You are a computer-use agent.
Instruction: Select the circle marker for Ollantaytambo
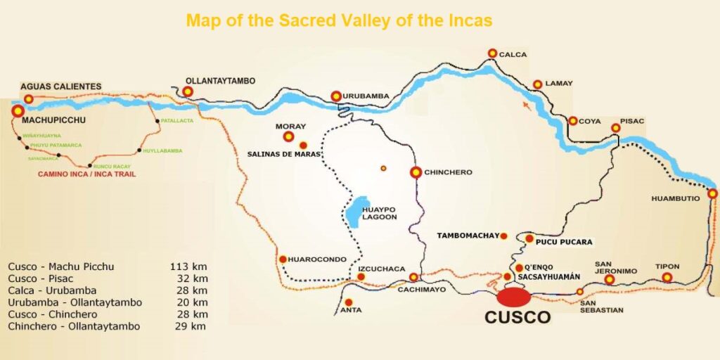coord(188,91)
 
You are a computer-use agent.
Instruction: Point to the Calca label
coord(513,54)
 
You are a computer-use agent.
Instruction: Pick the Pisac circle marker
coord(616,128)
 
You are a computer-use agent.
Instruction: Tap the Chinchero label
coord(449,172)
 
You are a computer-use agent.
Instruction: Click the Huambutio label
coord(675,199)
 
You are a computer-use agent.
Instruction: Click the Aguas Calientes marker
coord(29,99)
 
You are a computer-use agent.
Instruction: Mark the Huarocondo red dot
coord(283,259)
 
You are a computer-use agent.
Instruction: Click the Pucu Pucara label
coord(564,242)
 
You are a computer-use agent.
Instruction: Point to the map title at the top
coord(339,20)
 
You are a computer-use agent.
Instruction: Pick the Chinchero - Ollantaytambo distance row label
coord(75,326)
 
